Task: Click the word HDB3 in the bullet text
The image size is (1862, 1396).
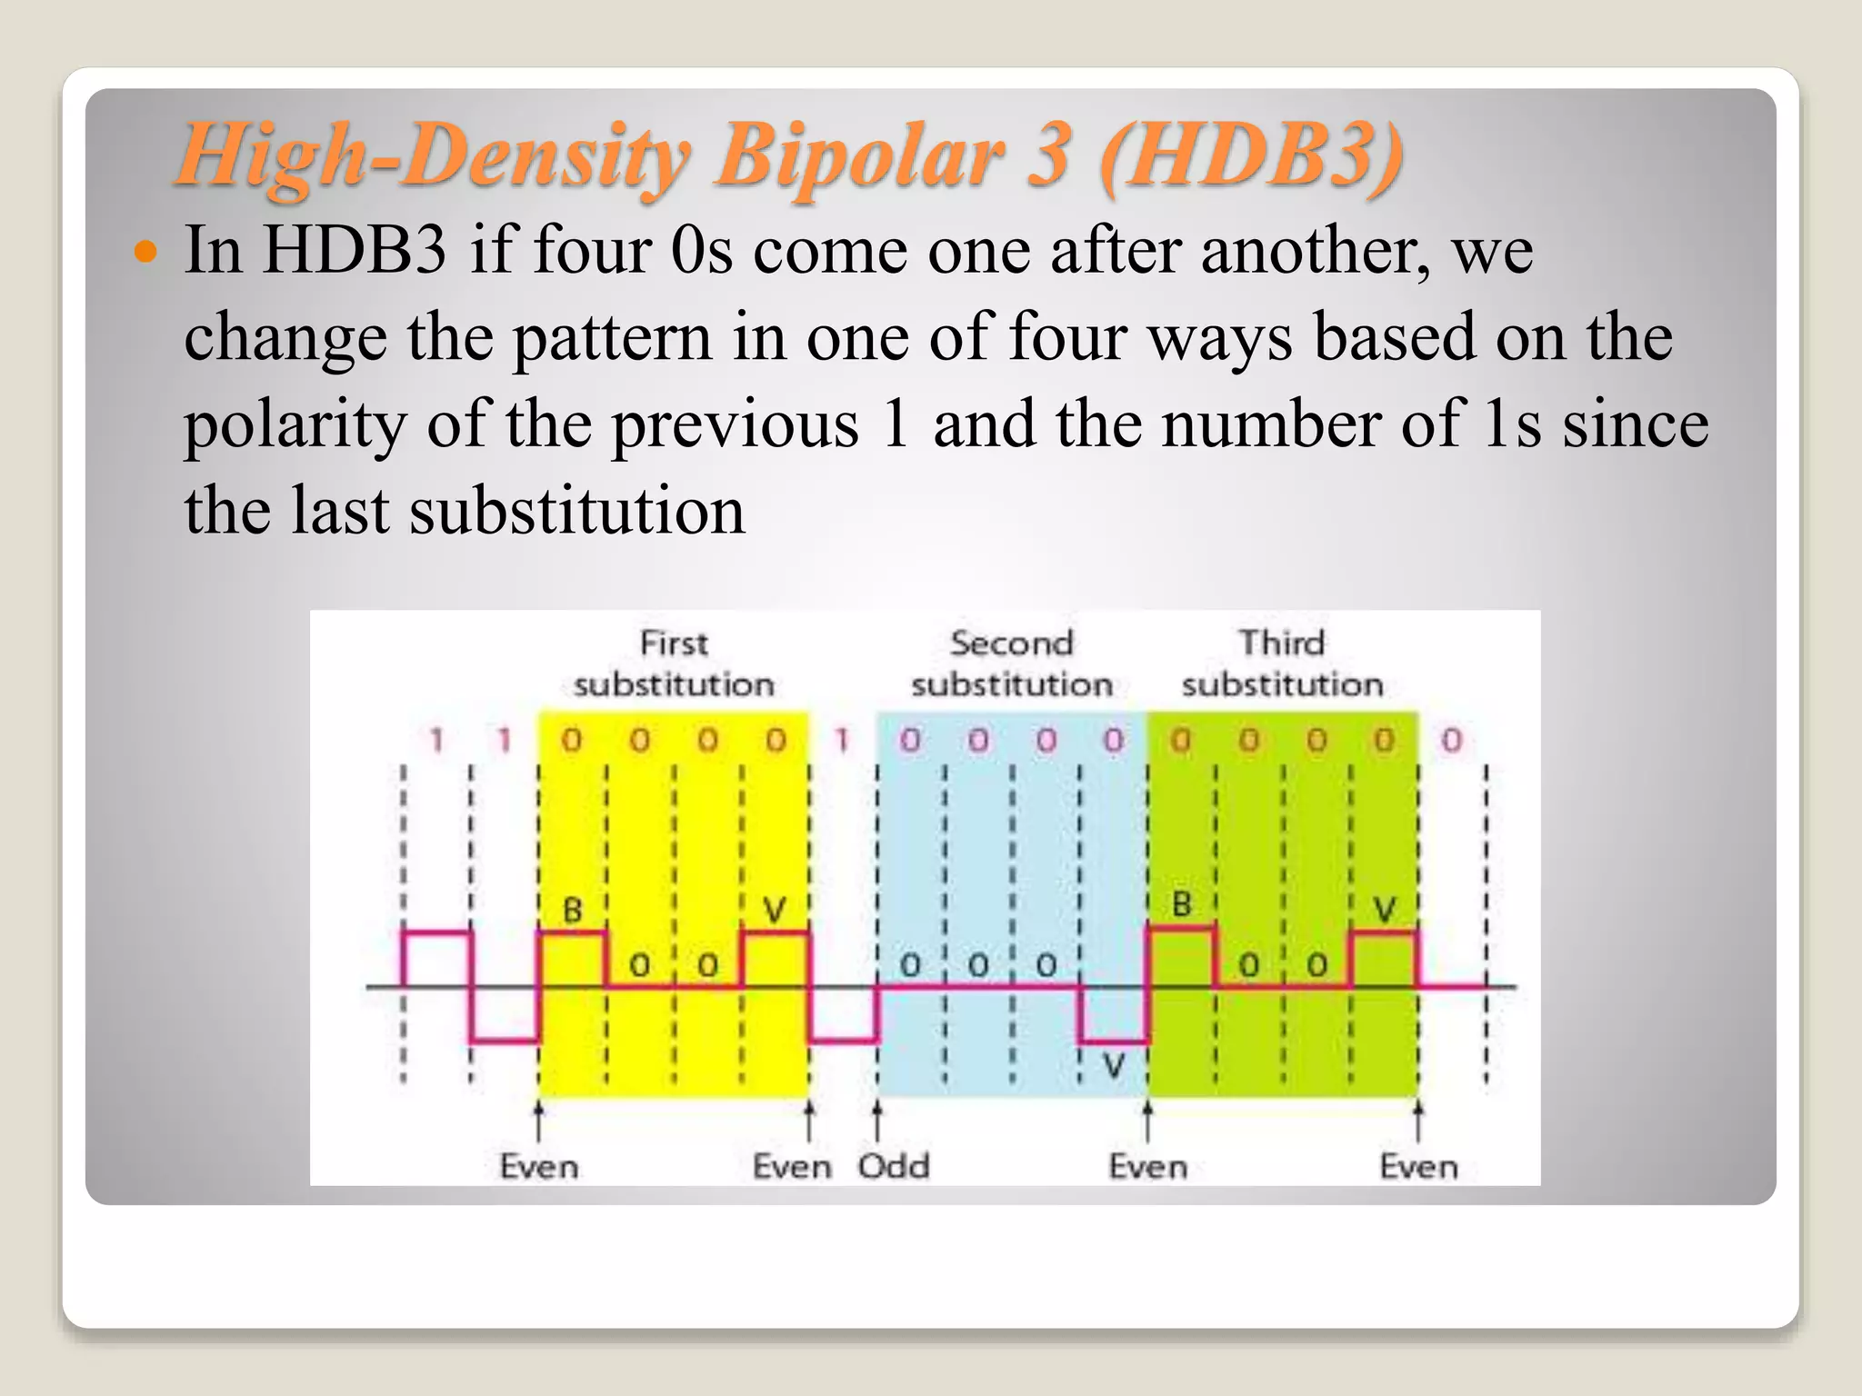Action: [355, 250]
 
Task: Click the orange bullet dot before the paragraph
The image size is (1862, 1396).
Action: [145, 250]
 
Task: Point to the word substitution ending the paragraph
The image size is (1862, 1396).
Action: [577, 511]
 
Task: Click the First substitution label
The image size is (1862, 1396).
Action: [674, 663]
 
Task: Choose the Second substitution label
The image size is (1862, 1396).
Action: [1012, 663]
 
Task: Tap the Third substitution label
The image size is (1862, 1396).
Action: [1282, 663]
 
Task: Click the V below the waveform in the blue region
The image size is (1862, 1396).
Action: [1114, 1066]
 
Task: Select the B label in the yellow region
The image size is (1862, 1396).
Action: [572, 910]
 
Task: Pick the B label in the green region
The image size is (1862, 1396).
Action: [1181, 905]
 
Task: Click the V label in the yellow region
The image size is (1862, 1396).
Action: [775, 910]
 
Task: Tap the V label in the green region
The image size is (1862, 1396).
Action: [1384, 910]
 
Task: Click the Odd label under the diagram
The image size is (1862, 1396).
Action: [894, 1166]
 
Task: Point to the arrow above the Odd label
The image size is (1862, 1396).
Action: [877, 1121]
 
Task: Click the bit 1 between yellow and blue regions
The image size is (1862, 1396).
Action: [843, 741]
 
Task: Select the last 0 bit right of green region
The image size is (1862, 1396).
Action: [1452, 741]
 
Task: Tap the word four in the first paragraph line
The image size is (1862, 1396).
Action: [592, 250]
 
